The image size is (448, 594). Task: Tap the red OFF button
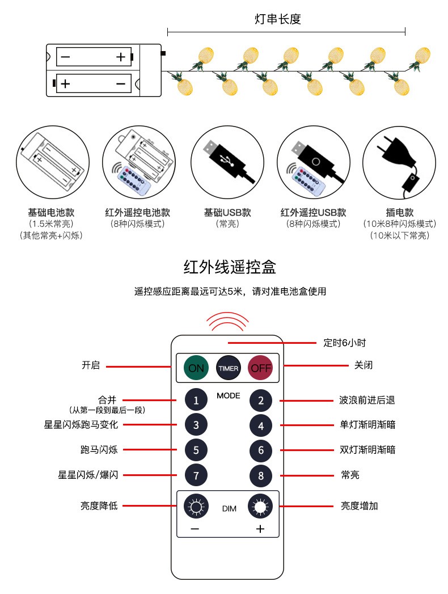click(261, 368)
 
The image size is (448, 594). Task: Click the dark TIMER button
click(228, 368)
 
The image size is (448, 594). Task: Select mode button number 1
click(196, 401)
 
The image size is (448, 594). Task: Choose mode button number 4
click(261, 426)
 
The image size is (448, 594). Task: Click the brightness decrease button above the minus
click(196, 505)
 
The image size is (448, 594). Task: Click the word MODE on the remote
click(228, 395)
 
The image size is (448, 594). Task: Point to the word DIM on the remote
click(229, 509)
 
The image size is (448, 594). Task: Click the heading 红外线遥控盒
click(229, 267)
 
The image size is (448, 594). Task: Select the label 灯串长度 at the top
click(277, 19)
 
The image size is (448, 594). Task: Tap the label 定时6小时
click(344, 343)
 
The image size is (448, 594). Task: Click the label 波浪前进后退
click(364, 400)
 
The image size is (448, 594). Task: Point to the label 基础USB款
click(227, 213)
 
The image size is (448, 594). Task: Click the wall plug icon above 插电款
click(398, 162)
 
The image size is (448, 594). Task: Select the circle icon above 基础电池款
click(52, 162)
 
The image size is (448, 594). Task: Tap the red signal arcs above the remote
click(227, 321)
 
